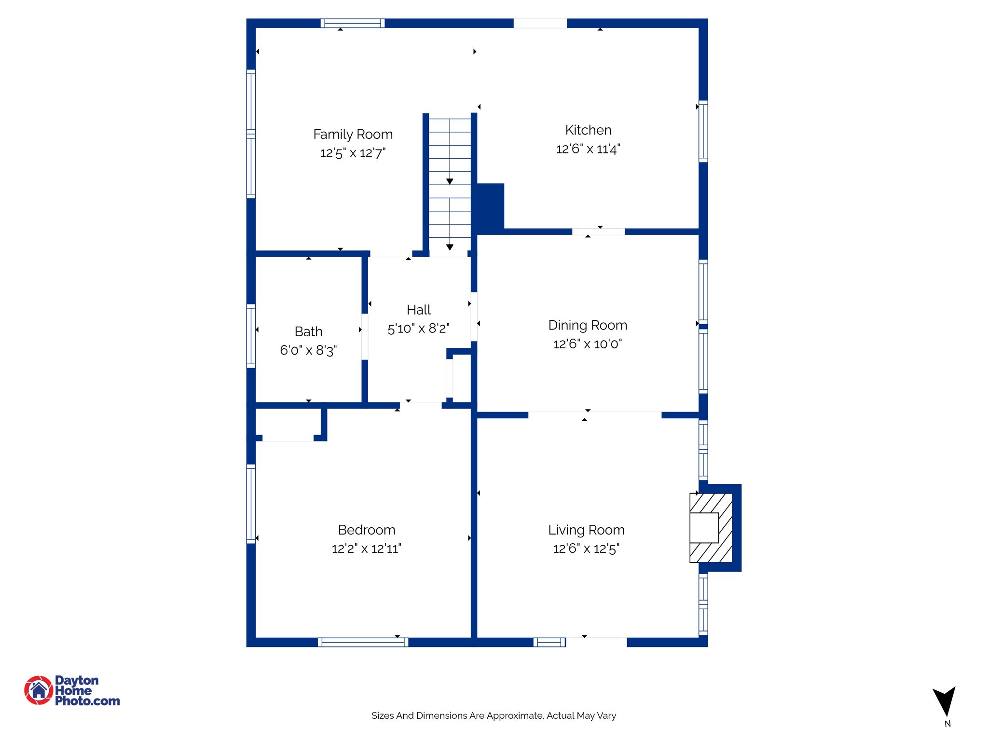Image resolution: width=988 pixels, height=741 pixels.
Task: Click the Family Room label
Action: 353,134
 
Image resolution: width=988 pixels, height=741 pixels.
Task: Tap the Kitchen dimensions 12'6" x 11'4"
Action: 588,149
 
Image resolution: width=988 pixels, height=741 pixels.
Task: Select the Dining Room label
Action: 588,325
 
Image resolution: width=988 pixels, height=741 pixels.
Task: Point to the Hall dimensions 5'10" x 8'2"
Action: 418,329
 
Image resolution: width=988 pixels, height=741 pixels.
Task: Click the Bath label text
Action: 308,331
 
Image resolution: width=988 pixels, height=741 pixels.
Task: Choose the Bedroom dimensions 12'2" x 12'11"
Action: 366,549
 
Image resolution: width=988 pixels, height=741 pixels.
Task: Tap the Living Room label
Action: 586,530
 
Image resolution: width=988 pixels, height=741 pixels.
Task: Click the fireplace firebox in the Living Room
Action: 704,528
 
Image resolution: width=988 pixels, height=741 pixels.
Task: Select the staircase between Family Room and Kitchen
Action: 450,183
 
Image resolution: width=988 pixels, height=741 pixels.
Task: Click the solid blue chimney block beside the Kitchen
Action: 491,206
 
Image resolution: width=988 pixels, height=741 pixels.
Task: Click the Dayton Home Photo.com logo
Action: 72,690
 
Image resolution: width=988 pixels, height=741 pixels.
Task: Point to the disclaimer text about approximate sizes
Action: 494,715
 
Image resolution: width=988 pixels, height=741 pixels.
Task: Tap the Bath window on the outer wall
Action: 251,336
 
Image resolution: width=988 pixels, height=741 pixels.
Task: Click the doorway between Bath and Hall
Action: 365,336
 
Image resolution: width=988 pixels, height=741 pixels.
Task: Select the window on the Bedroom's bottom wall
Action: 363,642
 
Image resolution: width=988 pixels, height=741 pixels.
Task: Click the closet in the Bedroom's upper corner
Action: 288,423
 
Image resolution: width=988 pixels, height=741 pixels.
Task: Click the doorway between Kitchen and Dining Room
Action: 598,232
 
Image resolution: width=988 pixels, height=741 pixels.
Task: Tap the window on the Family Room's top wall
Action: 353,23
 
